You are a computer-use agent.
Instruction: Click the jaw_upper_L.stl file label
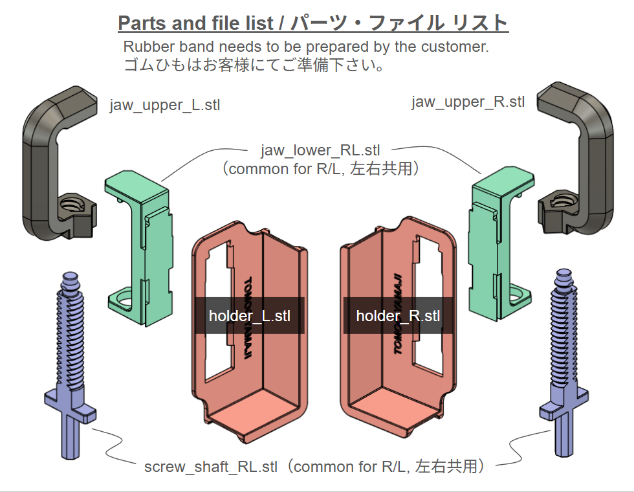[165, 105]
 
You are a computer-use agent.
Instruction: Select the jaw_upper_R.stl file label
[468, 102]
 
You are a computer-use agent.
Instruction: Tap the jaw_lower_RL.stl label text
[320, 151]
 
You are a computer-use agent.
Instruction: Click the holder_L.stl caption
[250, 316]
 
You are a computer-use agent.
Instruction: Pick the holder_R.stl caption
[398, 316]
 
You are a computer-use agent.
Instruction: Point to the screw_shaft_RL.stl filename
[211, 466]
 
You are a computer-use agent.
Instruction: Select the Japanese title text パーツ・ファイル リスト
[399, 23]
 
